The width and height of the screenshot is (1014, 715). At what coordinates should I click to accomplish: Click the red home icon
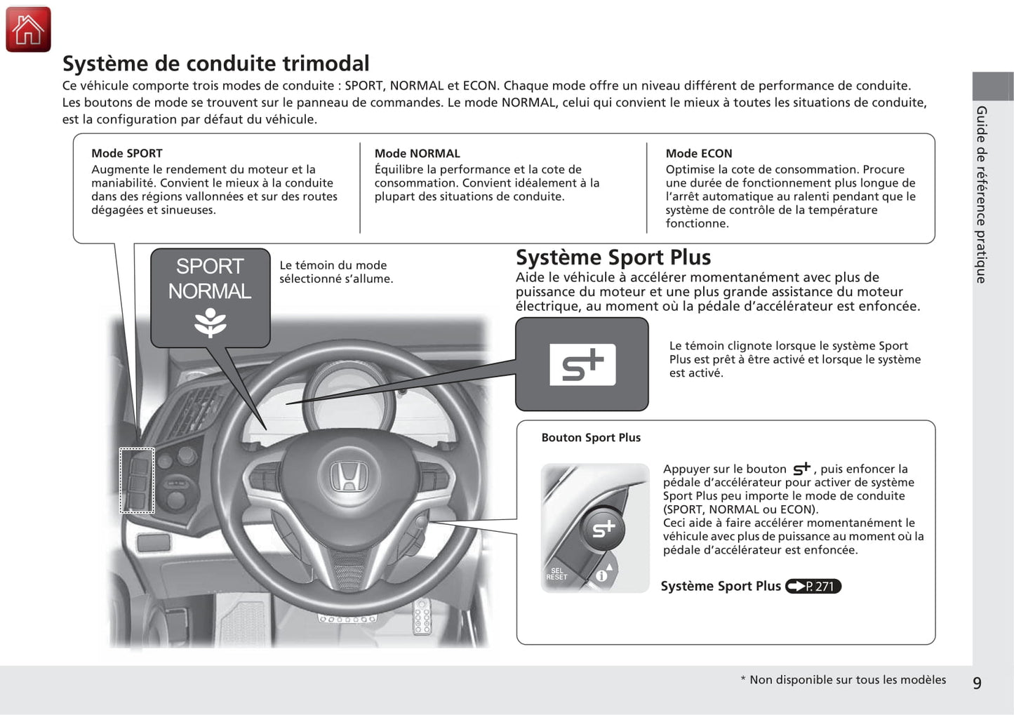point(28,29)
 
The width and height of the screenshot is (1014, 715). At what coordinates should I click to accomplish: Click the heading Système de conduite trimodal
point(215,63)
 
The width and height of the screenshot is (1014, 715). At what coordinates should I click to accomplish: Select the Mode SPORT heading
point(126,153)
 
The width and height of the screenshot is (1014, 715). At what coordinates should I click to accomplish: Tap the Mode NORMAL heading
point(417,153)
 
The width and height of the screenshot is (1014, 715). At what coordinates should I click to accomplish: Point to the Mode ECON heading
point(698,153)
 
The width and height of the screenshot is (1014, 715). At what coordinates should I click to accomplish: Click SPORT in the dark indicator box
point(210,267)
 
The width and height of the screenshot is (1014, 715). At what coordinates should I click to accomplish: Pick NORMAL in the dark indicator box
point(210,291)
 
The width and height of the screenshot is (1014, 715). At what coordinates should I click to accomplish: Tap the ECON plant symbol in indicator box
point(210,322)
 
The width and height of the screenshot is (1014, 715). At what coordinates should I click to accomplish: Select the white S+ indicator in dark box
point(582,365)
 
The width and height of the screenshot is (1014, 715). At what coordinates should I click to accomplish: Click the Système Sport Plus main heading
point(613,257)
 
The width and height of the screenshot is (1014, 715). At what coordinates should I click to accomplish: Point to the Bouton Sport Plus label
point(591,437)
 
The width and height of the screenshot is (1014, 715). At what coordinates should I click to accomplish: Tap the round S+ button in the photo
point(603,528)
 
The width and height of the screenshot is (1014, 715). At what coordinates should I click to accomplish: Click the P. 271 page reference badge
point(813,586)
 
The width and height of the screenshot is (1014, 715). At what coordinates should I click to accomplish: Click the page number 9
point(977,683)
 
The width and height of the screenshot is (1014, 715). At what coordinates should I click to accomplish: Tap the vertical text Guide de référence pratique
point(982,194)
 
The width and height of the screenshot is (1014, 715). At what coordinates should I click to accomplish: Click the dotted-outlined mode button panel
point(137,480)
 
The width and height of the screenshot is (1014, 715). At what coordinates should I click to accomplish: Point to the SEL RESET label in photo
point(556,574)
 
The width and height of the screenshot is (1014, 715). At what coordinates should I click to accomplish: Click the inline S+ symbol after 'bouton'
point(801,469)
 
